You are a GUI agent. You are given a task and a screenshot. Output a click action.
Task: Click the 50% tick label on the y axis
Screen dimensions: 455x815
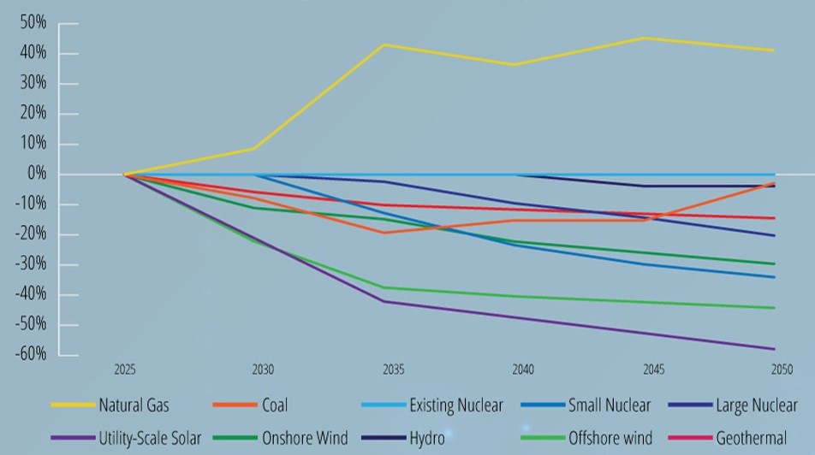tap(33, 23)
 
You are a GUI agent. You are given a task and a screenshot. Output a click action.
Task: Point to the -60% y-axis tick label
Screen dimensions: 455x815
tap(30, 355)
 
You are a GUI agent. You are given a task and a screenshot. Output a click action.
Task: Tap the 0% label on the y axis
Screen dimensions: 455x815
tap(36, 174)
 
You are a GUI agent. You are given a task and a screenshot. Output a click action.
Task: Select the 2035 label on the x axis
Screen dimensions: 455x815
tap(393, 370)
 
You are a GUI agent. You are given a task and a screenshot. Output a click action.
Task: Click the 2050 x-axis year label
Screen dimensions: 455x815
tap(781, 370)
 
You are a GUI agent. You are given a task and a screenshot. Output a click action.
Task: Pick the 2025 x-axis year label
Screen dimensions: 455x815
tap(125, 370)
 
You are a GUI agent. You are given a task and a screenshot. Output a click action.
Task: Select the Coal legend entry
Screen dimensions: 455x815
tap(275, 405)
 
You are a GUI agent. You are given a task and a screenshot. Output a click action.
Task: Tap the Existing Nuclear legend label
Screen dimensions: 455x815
tap(455, 405)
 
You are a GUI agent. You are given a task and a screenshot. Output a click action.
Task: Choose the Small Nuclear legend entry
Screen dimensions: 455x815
tap(609, 405)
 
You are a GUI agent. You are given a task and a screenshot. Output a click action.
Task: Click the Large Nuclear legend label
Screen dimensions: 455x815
tap(756, 405)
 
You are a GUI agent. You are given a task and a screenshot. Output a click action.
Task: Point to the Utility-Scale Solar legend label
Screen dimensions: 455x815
tap(150, 438)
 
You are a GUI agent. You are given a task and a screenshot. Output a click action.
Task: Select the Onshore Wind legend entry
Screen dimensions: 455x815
tap(305, 438)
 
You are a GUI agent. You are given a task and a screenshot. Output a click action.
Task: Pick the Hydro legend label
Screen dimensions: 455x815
tap(427, 438)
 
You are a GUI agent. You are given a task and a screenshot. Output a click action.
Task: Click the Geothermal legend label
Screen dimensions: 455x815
tap(751, 438)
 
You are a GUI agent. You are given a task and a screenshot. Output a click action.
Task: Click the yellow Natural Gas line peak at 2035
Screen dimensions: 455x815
tap(385, 44)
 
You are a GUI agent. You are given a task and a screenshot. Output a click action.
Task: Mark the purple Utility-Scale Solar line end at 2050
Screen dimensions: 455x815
tap(774, 349)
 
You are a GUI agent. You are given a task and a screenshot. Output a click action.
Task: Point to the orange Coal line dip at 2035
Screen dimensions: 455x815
tap(385, 233)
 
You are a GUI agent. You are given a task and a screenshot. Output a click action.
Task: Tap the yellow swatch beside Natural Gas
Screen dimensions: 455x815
tap(72, 405)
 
